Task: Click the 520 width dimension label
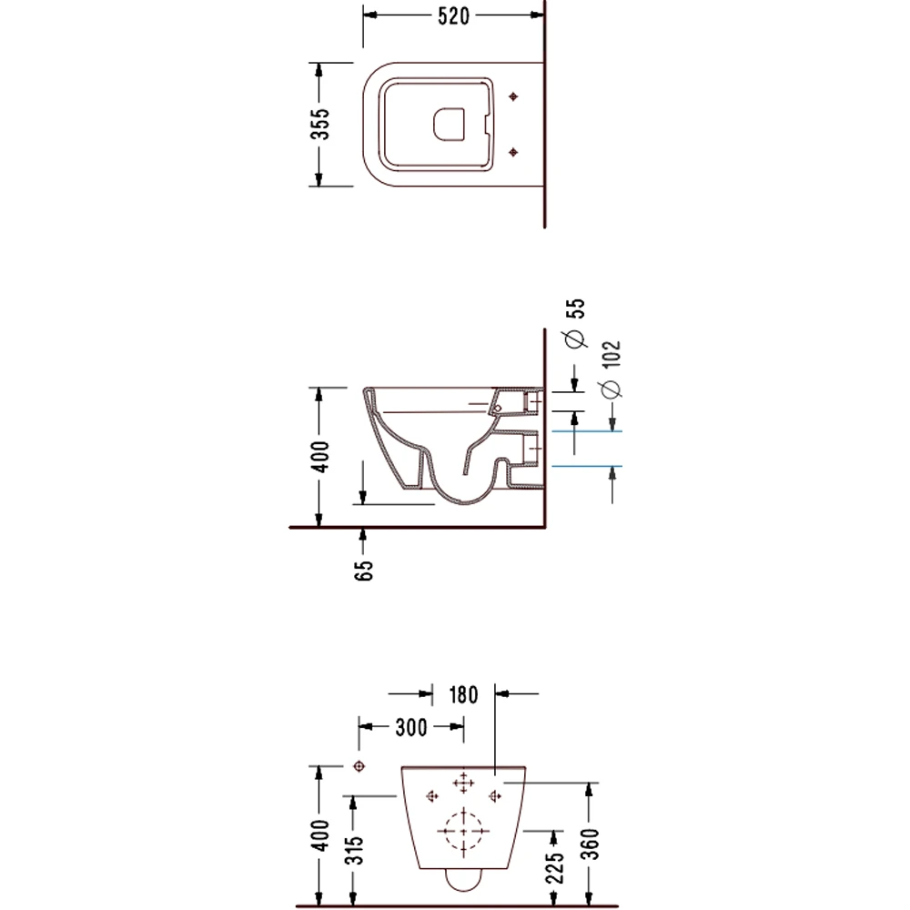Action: click(453, 16)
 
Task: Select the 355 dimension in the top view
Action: click(319, 124)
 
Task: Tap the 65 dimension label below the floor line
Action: click(363, 570)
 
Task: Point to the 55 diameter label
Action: click(576, 308)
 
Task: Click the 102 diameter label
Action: click(612, 354)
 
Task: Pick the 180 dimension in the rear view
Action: click(463, 694)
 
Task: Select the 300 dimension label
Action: click(411, 727)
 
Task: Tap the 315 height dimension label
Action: click(355, 850)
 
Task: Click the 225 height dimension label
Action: click(555, 867)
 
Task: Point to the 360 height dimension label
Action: click(590, 844)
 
